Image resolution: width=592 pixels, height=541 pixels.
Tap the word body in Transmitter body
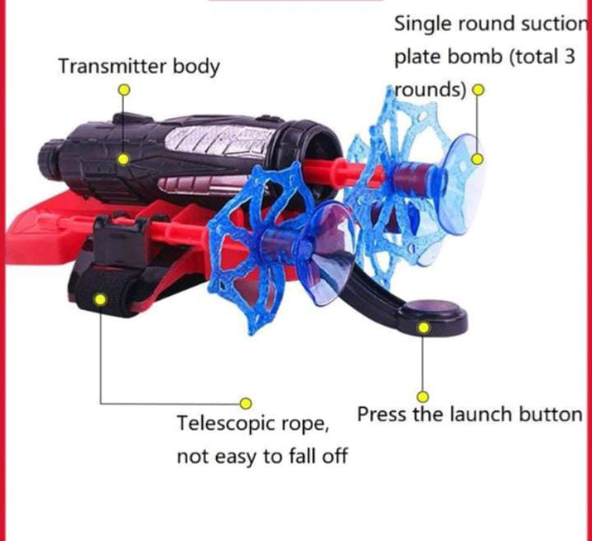(x=195, y=67)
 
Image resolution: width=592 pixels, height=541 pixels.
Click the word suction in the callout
(x=550, y=24)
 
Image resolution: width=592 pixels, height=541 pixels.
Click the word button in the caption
(x=550, y=414)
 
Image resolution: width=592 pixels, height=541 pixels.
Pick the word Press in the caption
(x=382, y=414)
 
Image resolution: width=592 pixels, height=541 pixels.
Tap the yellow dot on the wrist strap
(x=100, y=300)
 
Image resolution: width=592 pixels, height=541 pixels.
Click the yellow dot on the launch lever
(x=423, y=328)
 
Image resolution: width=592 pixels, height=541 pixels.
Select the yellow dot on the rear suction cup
(x=475, y=159)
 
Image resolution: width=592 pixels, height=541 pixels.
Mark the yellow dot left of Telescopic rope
(x=244, y=402)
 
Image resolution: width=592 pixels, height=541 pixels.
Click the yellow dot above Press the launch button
(x=423, y=396)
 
